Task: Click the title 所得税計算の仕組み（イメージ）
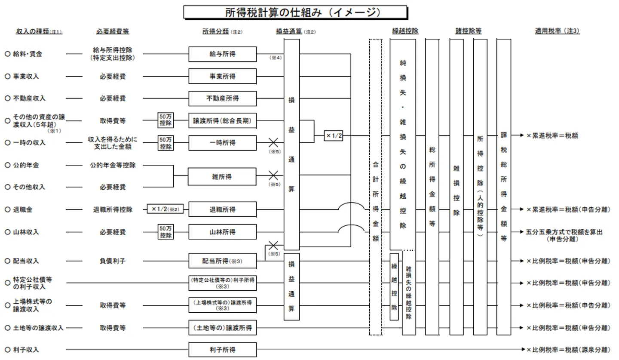295,12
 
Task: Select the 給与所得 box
223,54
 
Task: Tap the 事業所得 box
223,77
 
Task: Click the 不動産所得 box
223,98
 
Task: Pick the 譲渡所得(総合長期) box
223,121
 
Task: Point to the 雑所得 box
223,176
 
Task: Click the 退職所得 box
223,210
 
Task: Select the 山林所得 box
223,232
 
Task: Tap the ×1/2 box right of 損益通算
334,136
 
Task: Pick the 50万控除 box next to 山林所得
165,232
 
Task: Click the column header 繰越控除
405,31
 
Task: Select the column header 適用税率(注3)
557,31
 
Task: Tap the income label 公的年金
27,165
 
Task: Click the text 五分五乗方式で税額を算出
564,232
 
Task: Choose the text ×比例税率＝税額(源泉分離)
568,350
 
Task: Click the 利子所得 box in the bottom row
223,350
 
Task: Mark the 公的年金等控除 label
113,165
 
